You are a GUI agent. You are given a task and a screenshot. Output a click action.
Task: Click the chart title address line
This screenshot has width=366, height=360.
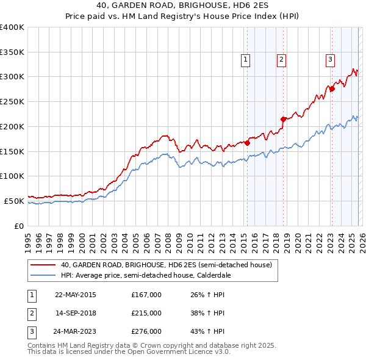183,5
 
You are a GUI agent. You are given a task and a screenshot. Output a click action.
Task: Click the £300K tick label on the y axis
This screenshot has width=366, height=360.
12,77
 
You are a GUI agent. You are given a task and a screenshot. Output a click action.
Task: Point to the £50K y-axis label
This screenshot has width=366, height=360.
14,201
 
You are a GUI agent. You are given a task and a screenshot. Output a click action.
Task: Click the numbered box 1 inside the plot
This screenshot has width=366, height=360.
245,59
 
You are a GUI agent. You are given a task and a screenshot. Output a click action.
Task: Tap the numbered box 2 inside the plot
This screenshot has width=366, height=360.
281,59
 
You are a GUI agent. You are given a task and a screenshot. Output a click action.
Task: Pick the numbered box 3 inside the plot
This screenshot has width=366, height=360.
329,59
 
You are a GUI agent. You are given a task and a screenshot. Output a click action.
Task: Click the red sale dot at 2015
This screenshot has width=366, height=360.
247,143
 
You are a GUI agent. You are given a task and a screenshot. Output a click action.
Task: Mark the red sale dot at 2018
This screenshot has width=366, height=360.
283,119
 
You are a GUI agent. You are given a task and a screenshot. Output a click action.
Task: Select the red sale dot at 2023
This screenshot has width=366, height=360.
332,89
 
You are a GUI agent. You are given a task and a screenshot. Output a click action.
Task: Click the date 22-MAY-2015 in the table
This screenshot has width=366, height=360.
75,295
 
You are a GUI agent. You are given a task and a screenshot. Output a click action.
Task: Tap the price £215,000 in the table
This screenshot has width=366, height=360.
146,313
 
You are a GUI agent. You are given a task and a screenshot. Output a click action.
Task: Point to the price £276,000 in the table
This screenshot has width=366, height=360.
146,331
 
